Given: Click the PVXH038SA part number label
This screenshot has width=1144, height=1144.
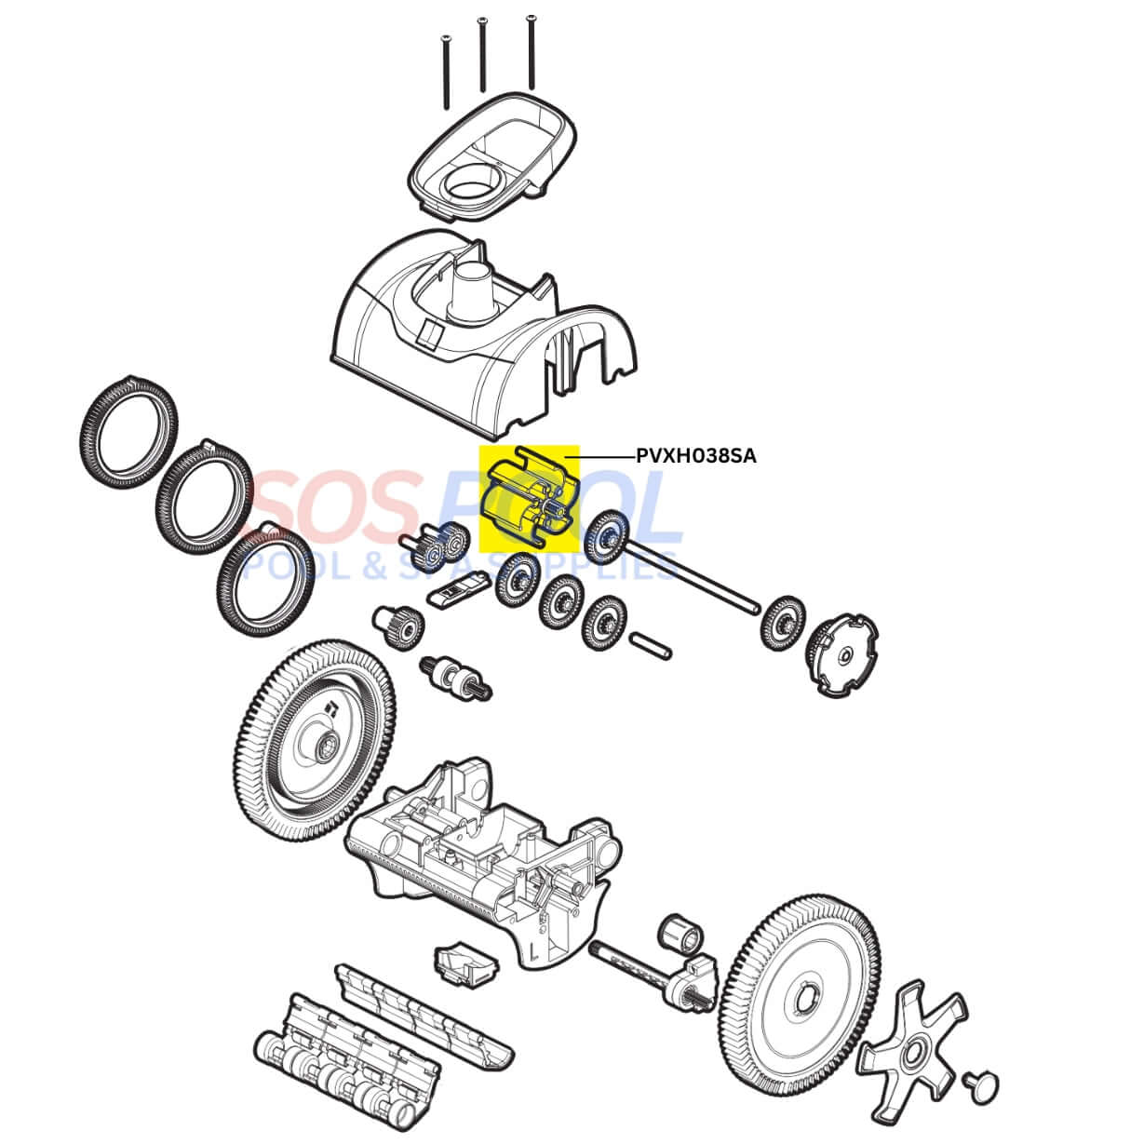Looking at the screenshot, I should click(695, 456).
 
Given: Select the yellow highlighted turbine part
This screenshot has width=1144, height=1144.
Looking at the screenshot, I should click(527, 499).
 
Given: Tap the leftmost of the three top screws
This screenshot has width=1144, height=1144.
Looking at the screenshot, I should click(447, 67).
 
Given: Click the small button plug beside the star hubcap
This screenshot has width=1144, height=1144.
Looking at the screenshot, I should click(982, 1083).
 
